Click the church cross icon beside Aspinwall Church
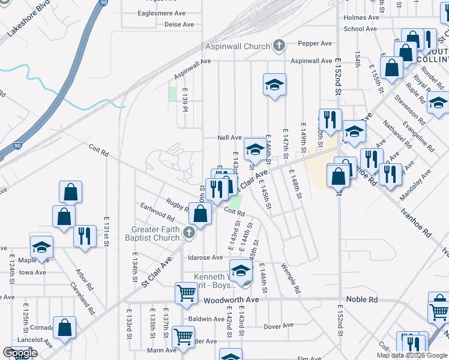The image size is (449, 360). point(279,46)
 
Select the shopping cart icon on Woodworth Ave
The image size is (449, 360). point(185,293)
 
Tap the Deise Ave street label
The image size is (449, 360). point(179,25)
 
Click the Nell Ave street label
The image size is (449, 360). point(229,137)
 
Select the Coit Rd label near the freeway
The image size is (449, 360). point(98,150)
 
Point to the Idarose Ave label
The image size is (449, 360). point(205,257)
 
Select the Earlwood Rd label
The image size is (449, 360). point(157,214)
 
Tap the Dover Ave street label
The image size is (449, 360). point(279,326)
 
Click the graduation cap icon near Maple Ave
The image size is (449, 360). point(41,246)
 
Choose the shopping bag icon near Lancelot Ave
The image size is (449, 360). point(64,328)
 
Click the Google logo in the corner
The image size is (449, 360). point(20,353)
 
